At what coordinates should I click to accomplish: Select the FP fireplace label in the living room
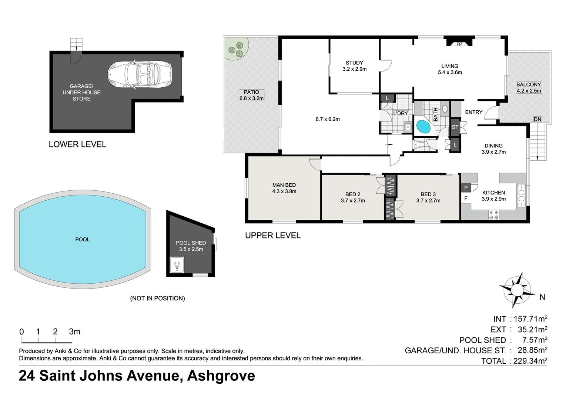tap(459, 44)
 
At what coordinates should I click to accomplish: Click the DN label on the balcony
tap(537, 119)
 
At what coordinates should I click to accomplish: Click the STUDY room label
tap(354, 63)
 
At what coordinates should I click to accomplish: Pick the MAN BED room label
tap(284, 185)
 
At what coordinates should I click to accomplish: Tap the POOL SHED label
tap(191, 243)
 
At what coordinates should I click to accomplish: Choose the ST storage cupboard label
tap(455, 127)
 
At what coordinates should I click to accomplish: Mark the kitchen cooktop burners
tap(494, 215)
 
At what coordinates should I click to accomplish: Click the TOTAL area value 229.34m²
tap(530, 361)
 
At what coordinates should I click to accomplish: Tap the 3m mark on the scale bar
tap(74, 332)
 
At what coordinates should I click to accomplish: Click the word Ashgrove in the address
tap(221, 376)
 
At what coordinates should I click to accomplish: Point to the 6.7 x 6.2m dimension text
tap(328, 119)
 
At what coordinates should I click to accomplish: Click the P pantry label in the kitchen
tap(466, 188)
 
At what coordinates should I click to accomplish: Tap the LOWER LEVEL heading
tap(77, 144)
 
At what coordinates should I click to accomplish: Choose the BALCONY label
tap(529, 84)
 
